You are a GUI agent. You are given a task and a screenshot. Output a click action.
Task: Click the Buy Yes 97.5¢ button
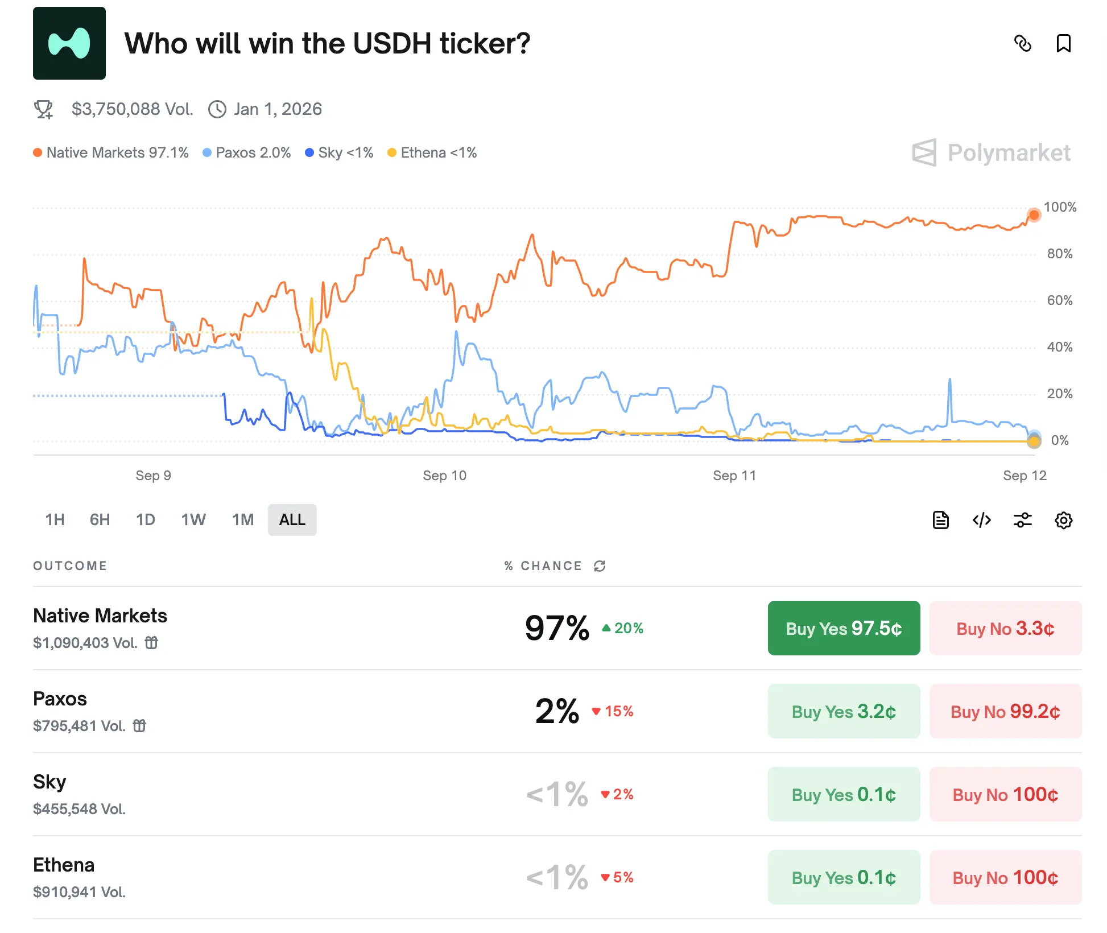coord(843,628)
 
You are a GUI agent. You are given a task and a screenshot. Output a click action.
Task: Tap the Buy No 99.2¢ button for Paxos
coord(1005,711)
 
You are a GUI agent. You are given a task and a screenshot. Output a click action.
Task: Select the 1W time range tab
coord(193,519)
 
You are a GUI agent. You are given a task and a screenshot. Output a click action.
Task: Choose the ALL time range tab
coord(292,519)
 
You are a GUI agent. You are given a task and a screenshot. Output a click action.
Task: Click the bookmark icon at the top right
coord(1063,43)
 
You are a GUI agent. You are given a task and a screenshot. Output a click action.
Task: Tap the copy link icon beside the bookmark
coord(1022,43)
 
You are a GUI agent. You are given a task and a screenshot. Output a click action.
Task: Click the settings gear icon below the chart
coord(1063,520)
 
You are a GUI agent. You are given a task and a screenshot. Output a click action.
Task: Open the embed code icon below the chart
coord(981,520)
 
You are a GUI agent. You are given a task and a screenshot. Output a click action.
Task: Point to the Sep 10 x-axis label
coord(444,476)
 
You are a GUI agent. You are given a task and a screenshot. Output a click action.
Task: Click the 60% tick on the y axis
coord(1059,300)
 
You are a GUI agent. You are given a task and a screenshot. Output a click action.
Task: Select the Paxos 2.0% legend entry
coord(247,152)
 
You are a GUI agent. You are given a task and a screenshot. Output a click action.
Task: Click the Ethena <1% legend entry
coord(432,152)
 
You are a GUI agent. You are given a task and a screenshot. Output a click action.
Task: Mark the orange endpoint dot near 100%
coord(1034,215)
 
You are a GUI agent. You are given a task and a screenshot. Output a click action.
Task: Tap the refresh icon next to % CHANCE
coord(600,566)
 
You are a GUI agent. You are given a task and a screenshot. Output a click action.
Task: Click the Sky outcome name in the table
coord(49,782)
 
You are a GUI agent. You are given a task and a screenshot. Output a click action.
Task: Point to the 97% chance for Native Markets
coord(557,628)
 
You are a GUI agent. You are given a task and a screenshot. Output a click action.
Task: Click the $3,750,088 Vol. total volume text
coord(132,109)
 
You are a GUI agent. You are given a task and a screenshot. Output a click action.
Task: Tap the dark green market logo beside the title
coord(69,43)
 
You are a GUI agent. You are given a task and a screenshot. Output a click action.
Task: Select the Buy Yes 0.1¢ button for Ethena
coord(843,877)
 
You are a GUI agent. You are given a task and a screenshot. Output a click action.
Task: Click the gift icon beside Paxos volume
coord(139,725)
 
